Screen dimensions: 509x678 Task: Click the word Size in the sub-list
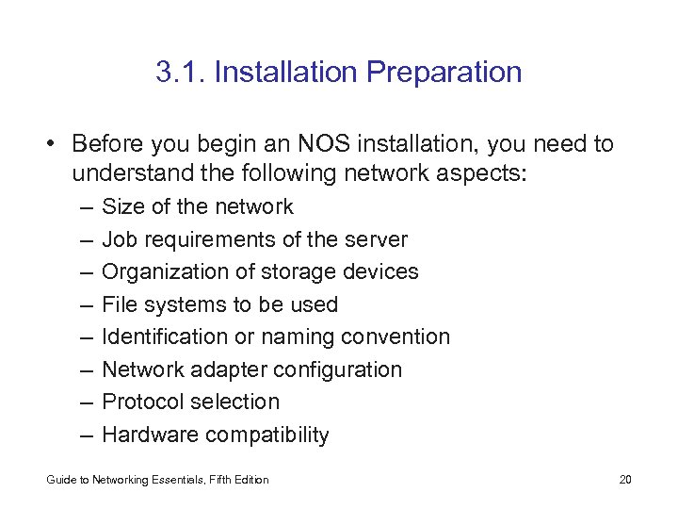(121, 206)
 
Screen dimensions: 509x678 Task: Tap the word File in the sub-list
(119, 304)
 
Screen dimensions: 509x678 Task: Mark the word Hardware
(151, 435)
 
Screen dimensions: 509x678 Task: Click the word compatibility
(268, 435)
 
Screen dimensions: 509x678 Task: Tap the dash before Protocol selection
(87, 402)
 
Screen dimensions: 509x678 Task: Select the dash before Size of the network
(87, 206)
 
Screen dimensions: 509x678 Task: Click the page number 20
(625, 480)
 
